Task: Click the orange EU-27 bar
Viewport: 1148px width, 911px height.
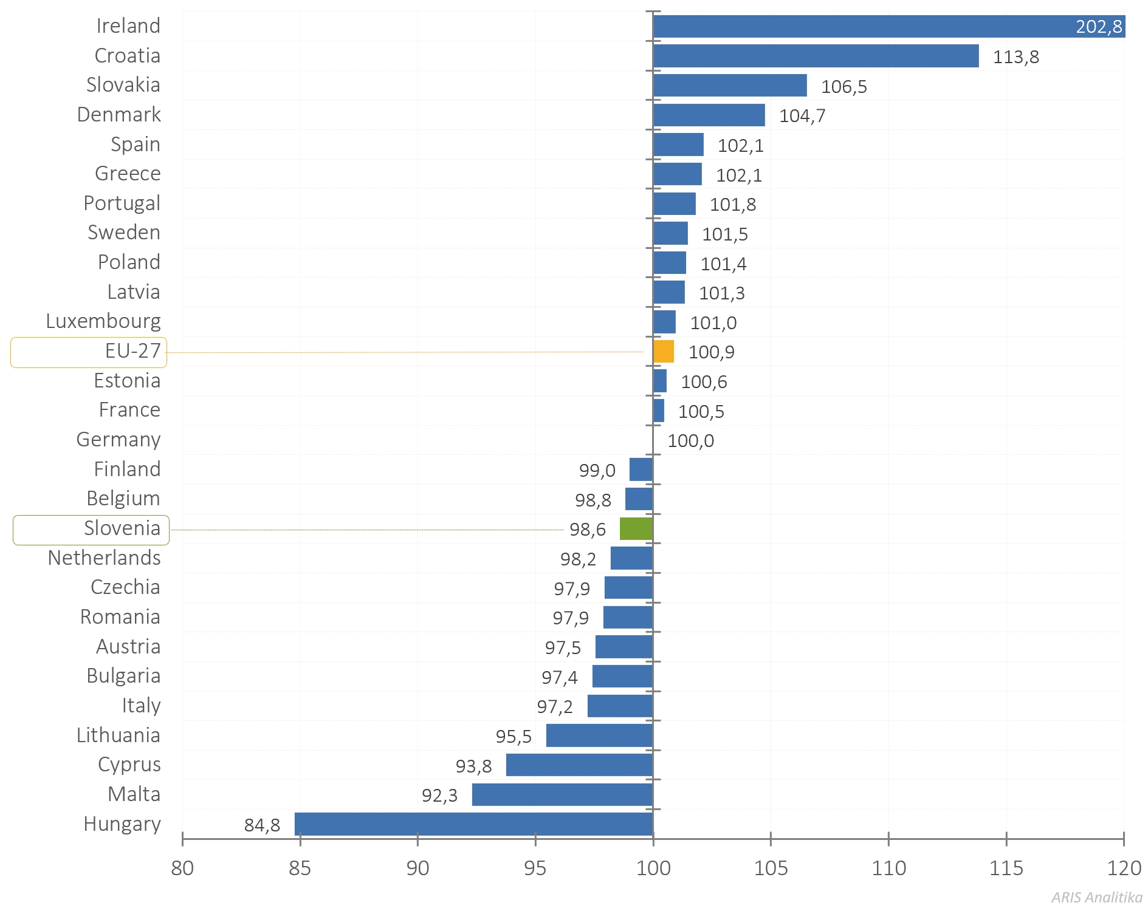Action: tap(663, 352)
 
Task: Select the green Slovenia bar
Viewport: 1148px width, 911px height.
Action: tap(636, 529)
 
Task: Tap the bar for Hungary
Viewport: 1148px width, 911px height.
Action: tap(473, 824)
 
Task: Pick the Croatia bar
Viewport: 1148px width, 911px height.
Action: tap(816, 56)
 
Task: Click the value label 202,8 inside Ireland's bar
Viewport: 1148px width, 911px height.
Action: tap(1099, 27)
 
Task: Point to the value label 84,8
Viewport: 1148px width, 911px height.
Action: tap(262, 825)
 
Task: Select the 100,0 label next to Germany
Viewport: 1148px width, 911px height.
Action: tap(690, 441)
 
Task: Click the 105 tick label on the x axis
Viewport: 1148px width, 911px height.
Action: tap(771, 868)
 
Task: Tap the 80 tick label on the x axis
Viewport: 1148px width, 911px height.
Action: tap(182, 868)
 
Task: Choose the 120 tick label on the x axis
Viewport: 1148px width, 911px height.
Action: tap(1124, 868)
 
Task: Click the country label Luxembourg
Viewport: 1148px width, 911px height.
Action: tap(103, 321)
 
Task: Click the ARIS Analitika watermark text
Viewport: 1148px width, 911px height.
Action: tap(1096, 897)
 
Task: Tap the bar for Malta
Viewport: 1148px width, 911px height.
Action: tap(562, 794)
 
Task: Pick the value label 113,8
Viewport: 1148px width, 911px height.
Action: tap(1016, 57)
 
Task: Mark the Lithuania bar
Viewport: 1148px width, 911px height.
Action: tap(599, 735)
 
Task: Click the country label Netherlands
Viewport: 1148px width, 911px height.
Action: tap(105, 558)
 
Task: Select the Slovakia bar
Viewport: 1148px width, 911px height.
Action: tap(730, 86)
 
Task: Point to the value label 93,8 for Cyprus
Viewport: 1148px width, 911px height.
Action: tap(473, 766)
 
